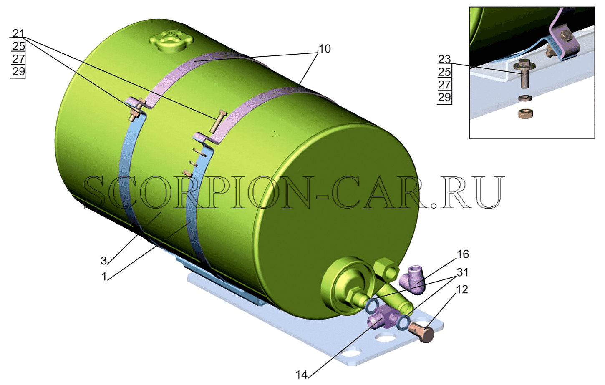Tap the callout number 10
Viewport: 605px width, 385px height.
pos(325,49)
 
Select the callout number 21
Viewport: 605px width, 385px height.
pos(19,33)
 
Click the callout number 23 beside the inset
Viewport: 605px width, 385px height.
pos(444,59)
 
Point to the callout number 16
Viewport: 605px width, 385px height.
pos(463,254)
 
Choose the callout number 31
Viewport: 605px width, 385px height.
pos(462,272)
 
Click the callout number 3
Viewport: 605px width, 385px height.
pos(104,261)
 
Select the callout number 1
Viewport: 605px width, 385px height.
pos(104,277)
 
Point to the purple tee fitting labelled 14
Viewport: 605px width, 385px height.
pos(384,320)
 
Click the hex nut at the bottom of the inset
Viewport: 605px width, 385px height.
pos(526,113)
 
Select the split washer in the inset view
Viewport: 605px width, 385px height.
pos(525,98)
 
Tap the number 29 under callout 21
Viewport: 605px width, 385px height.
pos(19,72)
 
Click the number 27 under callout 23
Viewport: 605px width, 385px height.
pos(444,85)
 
